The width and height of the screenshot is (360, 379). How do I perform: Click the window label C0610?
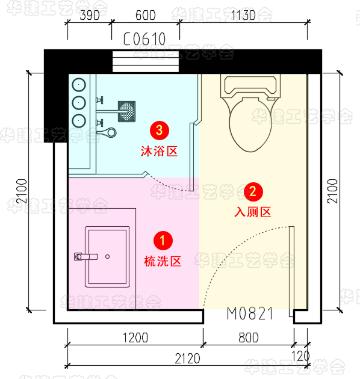pos(144,39)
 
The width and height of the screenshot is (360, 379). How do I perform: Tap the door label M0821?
pos(250,313)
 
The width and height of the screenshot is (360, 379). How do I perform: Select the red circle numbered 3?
pos(160,131)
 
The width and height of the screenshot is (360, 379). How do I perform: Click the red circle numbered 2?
pos(253,192)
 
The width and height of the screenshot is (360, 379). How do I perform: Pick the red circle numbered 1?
pos(163,241)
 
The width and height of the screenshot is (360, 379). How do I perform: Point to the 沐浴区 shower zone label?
pos(159,152)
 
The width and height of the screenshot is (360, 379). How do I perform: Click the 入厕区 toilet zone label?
pos(253,212)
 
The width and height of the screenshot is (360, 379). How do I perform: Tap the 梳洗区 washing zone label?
pos(163,261)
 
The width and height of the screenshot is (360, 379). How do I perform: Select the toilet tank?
pos(250,86)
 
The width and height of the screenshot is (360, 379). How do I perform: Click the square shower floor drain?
pos(126,111)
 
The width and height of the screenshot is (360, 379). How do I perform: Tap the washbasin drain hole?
pos(107,256)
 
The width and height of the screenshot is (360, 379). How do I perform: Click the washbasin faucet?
pos(85,256)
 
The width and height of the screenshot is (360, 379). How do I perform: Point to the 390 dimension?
pos(90,16)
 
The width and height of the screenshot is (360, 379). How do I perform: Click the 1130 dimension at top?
pos(243,16)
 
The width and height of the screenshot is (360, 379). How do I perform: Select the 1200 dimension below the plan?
pos(135,337)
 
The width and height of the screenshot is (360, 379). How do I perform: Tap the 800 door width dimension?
pos(249,337)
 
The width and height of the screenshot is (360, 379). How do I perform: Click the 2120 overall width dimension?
pos(187,359)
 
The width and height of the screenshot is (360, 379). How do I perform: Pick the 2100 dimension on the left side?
pos(22,191)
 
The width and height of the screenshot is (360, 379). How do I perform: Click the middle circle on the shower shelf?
pos(79,103)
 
